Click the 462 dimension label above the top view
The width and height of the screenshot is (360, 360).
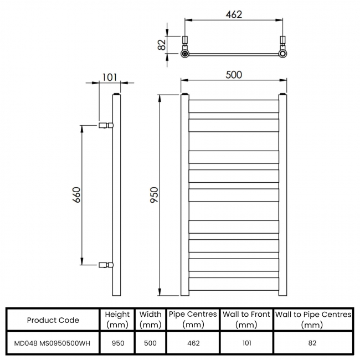(x=234, y=14)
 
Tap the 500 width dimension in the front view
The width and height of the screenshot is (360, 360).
(x=234, y=75)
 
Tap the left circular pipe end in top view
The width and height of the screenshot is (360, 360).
(x=185, y=54)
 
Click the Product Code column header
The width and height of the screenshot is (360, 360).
(x=53, y=320)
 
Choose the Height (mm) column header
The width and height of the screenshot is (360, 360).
(x=117, y=320)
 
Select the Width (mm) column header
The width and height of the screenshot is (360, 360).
(x=150, y=320)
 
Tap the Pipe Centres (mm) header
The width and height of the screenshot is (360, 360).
(x=193, y=320)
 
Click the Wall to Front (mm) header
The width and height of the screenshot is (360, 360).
(x=246, y=320)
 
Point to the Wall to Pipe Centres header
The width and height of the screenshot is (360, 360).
(x=313, y=320)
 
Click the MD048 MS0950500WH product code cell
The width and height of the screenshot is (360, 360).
(x=53, y=343)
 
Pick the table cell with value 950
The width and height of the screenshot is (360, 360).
(x=117, y=343)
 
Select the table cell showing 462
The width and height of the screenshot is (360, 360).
(x=193, y=343)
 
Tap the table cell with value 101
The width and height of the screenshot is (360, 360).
(x=246, y=343)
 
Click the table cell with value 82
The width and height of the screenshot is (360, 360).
(x=313, y=343)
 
